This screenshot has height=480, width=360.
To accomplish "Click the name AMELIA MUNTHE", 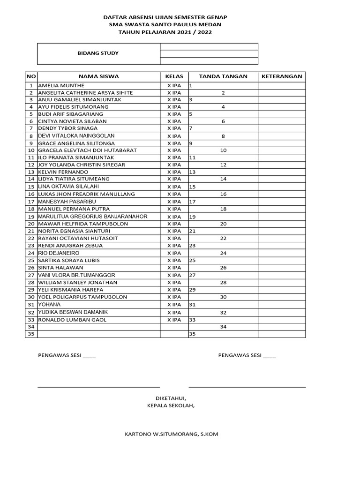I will pos(61,86).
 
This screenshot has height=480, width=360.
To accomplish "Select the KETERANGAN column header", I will pos(282,76).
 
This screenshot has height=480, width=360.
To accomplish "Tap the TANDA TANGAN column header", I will pos(223,76).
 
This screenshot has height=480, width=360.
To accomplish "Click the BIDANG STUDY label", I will pos(98,53).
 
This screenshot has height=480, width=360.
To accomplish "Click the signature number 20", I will pos(223,224).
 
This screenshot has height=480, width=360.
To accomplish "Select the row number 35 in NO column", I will pos(31,334).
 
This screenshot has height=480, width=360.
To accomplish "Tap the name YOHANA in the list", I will pos(49,305).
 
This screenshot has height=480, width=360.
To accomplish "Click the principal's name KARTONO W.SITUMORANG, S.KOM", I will pos(171,434).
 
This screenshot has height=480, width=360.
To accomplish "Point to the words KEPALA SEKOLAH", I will pos(171,405).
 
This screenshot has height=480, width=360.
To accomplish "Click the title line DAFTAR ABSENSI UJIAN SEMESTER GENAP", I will pos(172,17).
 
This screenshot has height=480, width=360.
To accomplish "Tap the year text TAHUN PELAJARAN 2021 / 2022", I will pos(172,32).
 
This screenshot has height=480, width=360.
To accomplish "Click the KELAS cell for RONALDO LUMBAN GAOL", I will pos(174,320).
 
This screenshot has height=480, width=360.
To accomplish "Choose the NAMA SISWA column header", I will pos(98,76).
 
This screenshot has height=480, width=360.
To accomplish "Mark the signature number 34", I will pos(223,327).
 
